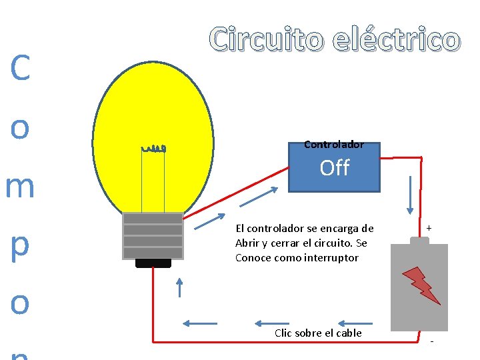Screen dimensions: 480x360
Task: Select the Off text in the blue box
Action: [335, 168]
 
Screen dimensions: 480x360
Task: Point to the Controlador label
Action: [334, 144]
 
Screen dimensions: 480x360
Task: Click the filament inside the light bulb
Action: [153, 148]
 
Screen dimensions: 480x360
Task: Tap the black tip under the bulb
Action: [153, 263]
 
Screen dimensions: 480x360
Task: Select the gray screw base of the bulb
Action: [153, 236]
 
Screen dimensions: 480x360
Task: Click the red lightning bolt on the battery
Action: [421, 285]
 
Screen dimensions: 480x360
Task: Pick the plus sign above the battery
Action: [429, 228]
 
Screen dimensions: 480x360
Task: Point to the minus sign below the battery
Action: [431, 341]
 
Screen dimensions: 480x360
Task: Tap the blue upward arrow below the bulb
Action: [179, 287]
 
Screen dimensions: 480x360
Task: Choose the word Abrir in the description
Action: [249, 243]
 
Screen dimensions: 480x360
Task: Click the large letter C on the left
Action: [20, 69]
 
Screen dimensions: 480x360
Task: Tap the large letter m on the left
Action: [20, 187]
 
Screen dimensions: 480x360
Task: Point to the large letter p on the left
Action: [20, 245]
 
